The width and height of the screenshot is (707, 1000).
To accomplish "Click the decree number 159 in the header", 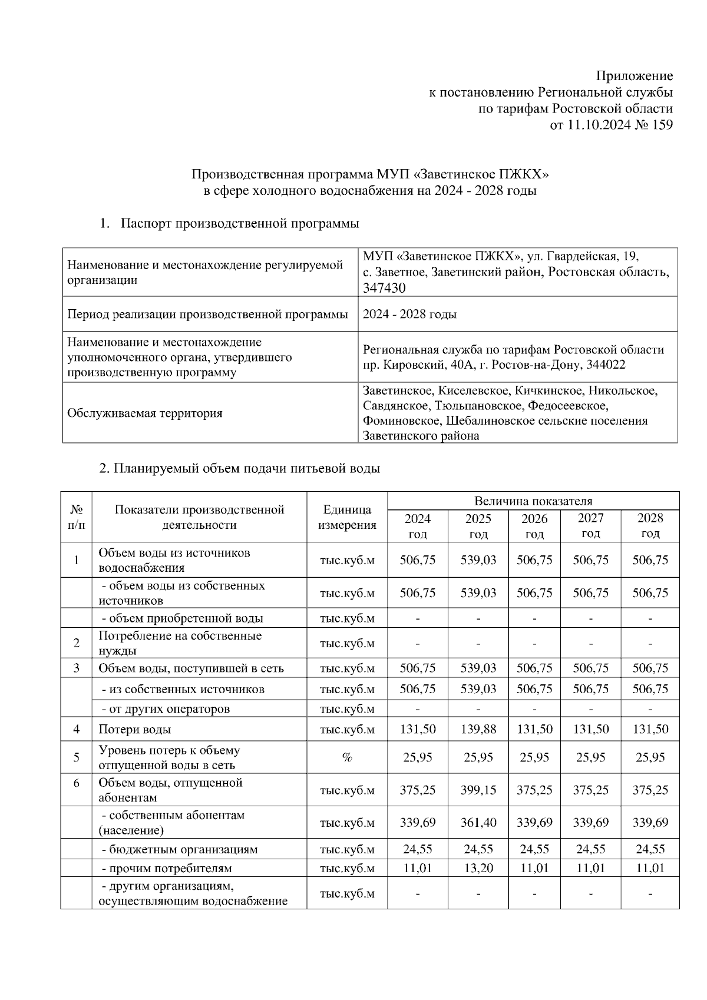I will (x=662, y=125).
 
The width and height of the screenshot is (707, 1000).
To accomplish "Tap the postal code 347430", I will (x=384, y=287).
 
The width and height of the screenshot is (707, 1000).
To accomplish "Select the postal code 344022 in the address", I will (x=606, y=365).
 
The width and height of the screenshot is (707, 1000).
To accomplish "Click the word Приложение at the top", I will (x=635, y=76).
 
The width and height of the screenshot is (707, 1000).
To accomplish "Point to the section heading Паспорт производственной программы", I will (x=240, y=224).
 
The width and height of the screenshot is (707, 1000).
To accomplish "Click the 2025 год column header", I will (x=478, y=526).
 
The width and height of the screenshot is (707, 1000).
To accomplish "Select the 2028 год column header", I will (x=650, y=526).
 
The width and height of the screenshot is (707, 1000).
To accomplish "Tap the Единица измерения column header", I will (x=347, y=518).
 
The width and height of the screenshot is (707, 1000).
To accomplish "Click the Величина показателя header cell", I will (x=533, y=501).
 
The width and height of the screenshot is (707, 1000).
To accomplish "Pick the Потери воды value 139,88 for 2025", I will (x=478, y=729).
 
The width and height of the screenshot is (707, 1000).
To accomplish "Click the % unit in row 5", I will (x=347, y=758).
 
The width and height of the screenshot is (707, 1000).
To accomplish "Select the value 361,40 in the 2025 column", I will (x=478, y=823).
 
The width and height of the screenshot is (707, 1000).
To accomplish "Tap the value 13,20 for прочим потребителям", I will (x=478, y=868).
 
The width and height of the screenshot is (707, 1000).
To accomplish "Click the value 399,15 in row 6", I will (x=478, y=790).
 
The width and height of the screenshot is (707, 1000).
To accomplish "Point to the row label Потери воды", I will (x=135, y=730).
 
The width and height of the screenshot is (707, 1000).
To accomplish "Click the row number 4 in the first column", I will (x=77, y=729).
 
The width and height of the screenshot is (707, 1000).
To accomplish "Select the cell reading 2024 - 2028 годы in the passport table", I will (x=409, y=314).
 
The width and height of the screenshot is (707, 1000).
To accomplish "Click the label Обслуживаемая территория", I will (x=145, y=413).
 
